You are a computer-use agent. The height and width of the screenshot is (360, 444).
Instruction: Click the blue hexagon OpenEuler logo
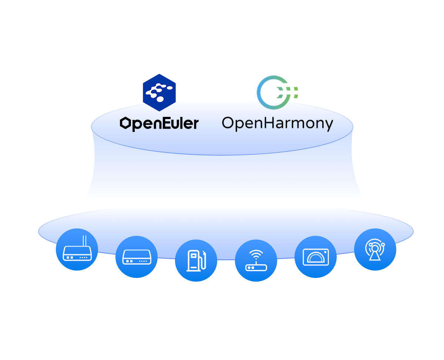point(159,92)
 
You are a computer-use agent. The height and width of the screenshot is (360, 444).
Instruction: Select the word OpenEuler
point(159,123)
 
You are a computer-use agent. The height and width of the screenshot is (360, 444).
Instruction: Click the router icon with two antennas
point(77,249)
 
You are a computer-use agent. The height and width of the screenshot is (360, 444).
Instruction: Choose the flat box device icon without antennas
point(137,257)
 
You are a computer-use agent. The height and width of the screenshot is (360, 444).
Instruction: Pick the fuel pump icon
point(196,261)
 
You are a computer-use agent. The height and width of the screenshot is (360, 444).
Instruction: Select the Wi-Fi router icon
point(256,261)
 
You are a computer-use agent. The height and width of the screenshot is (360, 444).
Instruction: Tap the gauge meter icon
point(316,257)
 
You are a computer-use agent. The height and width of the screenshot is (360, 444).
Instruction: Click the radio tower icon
point(375,249)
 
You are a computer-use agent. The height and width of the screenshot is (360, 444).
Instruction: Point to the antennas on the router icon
point(84,241)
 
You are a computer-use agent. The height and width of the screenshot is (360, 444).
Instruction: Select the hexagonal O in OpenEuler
point(126,123)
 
